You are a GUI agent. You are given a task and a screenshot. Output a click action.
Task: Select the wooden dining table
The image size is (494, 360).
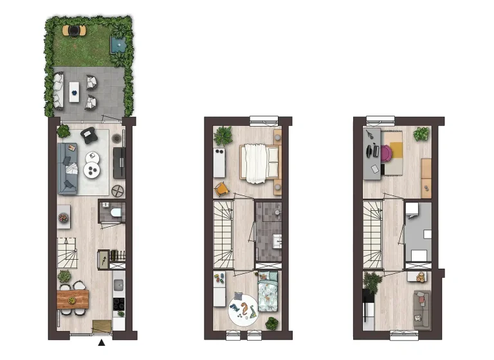(x=72, y=298)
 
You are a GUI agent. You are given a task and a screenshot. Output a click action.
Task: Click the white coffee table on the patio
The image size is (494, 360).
(x=75, y=90)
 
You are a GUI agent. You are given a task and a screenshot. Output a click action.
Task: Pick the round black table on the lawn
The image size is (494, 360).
(x=75, y=30)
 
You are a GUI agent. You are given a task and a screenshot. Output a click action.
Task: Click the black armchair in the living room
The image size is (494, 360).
(x=89, y=135)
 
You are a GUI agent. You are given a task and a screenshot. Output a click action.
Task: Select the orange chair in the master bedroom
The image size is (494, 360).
(x=221, y=188)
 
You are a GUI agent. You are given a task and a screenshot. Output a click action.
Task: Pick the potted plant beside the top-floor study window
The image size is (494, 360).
(x=421, y=134)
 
